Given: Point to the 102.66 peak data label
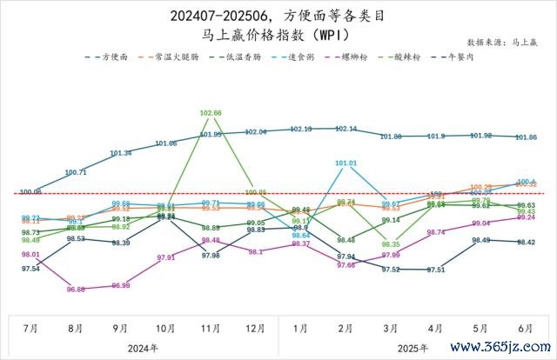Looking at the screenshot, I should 211,113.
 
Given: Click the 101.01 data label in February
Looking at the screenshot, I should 346,163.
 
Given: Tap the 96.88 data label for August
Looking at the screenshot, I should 75,290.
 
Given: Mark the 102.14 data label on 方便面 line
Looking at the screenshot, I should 346,129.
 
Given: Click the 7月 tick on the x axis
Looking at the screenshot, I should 30,330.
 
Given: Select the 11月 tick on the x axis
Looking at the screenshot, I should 211,330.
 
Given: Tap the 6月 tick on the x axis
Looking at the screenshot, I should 526,330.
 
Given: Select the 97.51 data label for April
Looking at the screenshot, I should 436,270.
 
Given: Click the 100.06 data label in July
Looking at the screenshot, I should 30,191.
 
